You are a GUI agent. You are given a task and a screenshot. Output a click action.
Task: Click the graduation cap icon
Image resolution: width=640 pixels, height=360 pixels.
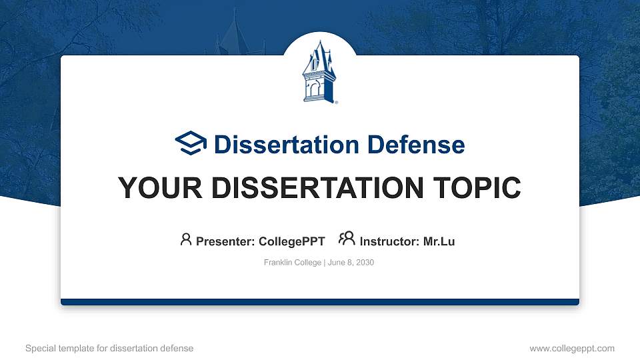point(191,143)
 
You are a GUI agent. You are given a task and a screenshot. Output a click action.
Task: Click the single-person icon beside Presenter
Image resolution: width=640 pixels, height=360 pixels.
point(186,239)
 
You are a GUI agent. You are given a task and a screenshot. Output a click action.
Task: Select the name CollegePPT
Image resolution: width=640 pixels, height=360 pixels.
point(291,241)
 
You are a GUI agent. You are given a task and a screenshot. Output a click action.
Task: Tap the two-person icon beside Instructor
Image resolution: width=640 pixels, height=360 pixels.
point(347,239)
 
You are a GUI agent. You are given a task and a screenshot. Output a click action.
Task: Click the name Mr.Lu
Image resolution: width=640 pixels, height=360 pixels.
point(439,241)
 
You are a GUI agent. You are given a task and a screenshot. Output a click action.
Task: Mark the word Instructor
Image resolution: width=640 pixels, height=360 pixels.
point(387,241)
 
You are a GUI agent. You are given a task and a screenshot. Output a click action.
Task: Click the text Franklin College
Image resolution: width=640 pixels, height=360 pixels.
point(293,263)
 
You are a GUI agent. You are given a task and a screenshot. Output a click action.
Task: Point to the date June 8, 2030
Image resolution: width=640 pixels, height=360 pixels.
point(351,263)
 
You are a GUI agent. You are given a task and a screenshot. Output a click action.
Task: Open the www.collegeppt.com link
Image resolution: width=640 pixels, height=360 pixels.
point(572,348)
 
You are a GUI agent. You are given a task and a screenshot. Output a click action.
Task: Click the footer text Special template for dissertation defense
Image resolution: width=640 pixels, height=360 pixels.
point(109,348)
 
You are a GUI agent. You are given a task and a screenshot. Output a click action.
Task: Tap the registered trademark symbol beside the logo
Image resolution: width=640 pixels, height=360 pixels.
point(336,103)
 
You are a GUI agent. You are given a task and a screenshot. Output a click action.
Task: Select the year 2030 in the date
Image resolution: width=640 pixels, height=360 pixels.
point(365,263)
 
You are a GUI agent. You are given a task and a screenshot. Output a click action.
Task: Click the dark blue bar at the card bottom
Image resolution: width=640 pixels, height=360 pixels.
point(320,302)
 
